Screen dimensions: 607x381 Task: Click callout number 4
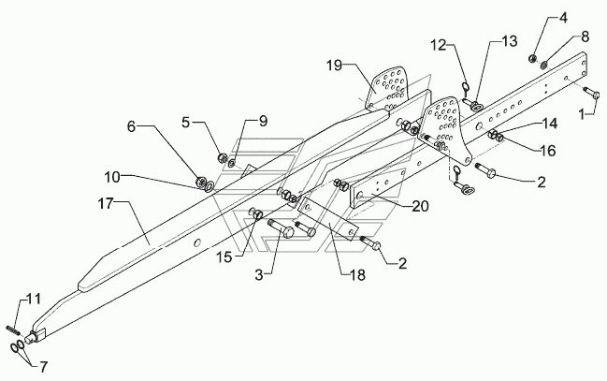[x=563, y=18]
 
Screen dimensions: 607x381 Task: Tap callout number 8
[x=585, y=37]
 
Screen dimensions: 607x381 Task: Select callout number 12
[x=440, y=45]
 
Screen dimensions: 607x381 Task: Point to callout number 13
[x=510, y=40]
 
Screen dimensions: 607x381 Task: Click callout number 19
[x=334, y=66]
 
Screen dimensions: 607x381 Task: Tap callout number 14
[x=549, y=124]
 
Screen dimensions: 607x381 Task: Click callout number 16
[x=547, y=150]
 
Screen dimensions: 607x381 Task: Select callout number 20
[x=420, y=206]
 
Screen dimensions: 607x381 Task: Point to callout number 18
[x=356, y=275]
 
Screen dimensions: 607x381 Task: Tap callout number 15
[x=224, y=256]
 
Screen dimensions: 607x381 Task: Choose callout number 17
[x=106, y=203]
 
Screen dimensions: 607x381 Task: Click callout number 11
[x=34, y=299]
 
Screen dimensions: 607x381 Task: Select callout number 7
[x=43, y=366]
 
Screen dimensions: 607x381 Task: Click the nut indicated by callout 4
[x=533, y=59]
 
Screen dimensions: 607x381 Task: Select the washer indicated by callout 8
[x=544, y=64]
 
